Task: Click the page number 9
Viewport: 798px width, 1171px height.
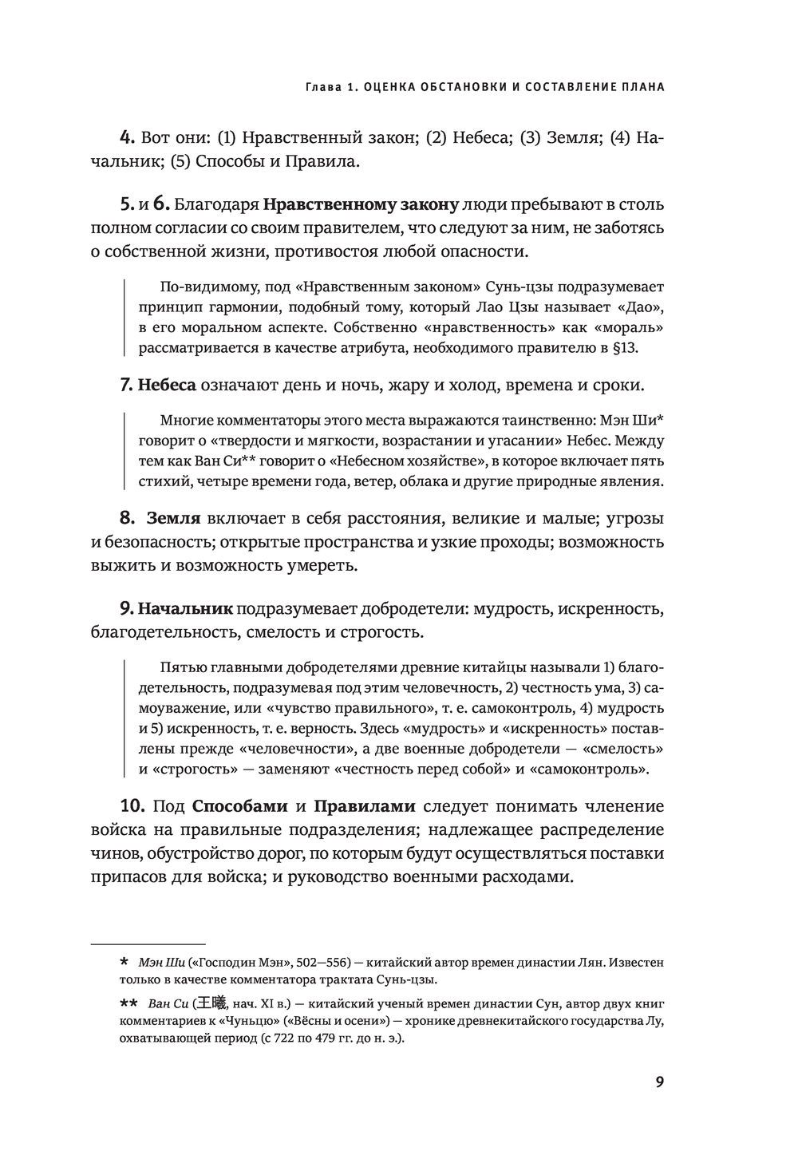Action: pyautogui.click(x=659, y=1082)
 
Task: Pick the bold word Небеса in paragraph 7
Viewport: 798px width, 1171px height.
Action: pyautogui.click(x=167, y=385)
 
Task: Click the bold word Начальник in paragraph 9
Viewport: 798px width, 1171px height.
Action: pyautogui.click(x=185, y=608)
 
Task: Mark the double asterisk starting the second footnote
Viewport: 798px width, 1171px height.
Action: pyautogui.click(x=128, y=1003)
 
